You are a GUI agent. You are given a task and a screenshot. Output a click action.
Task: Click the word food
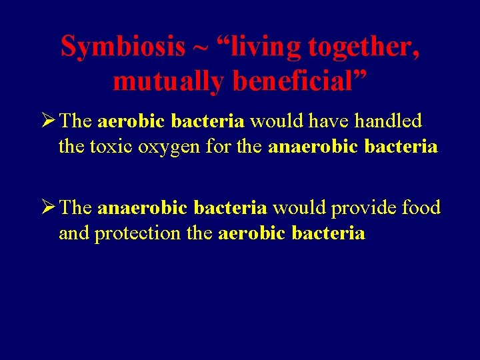421,208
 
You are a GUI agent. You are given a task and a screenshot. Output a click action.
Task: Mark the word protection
137,233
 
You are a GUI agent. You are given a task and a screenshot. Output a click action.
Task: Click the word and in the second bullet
74,233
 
